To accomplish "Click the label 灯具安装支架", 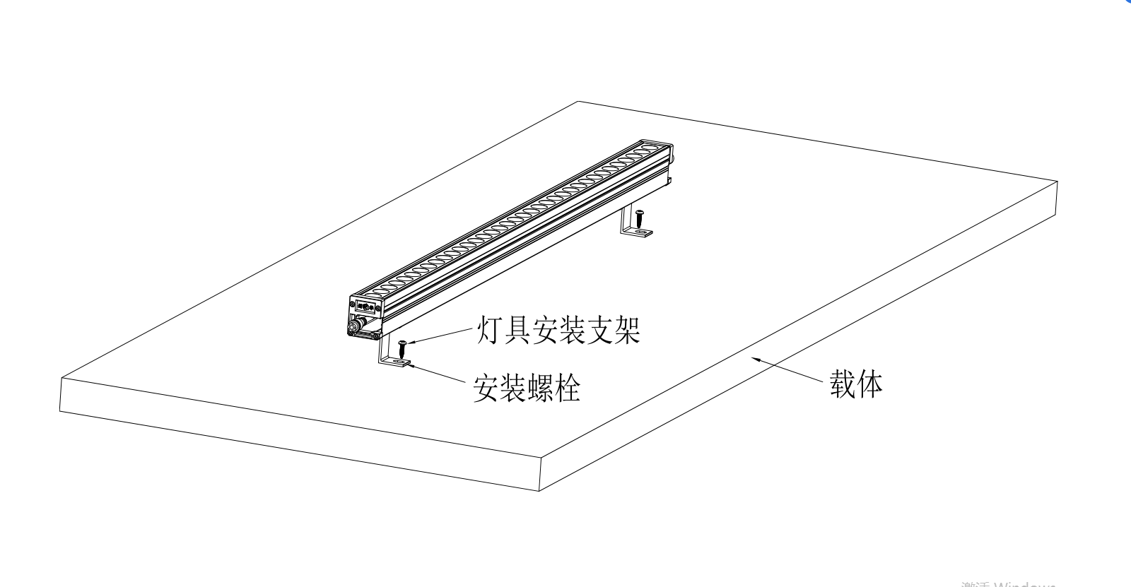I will point(557,330).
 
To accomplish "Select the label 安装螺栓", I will point(527,388).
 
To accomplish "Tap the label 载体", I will point(856,385).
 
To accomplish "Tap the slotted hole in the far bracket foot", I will point(640,232).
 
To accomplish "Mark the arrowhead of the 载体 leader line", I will point(754,360).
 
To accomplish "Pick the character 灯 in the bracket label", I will point(487,330).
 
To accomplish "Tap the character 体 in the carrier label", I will point(870,385).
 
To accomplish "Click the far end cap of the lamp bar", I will point(669,152).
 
